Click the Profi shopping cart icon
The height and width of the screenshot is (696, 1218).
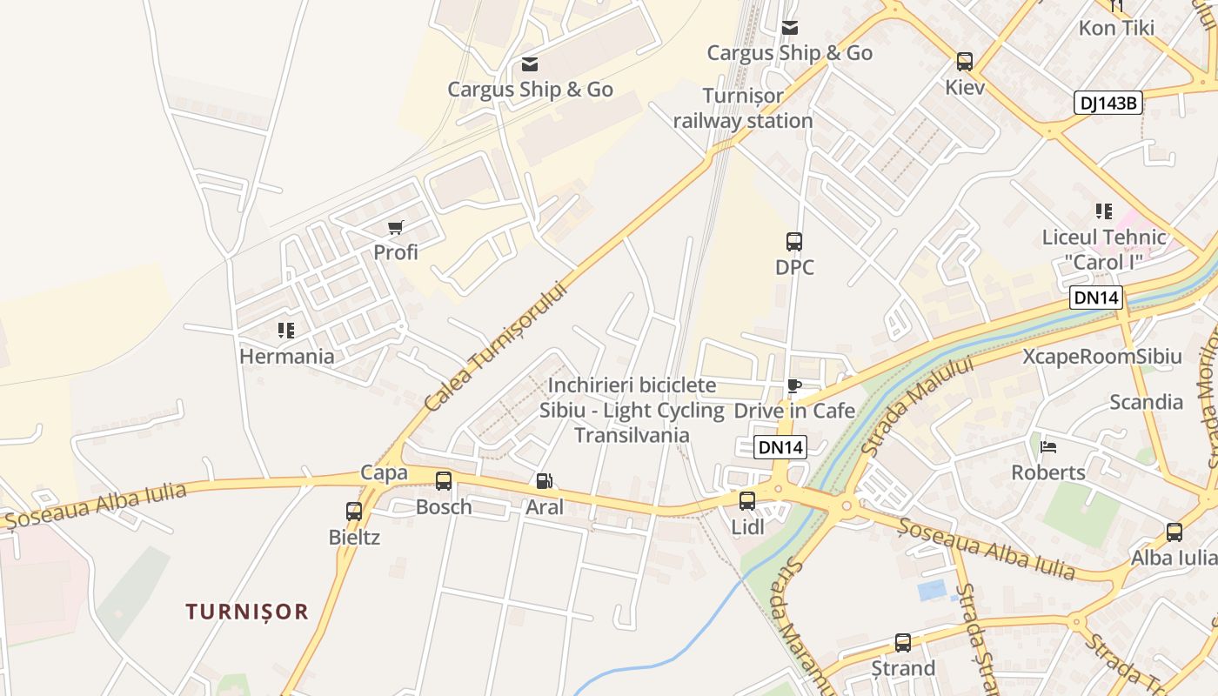tap(396, 228)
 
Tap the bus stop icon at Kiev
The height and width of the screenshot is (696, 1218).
tap(964, 62)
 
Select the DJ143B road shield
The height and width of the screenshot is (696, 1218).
tap(1108, 103)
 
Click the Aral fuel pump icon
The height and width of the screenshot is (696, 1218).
tap(544, 481)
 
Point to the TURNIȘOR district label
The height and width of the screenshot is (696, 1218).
tap(247, 612)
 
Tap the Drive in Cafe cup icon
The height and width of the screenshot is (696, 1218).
tap(793, 385)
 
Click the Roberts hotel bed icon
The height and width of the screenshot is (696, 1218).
tap(1048, 447)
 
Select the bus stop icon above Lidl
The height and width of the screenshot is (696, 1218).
tap(747, 501)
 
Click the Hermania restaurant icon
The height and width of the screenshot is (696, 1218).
tap(286, 331)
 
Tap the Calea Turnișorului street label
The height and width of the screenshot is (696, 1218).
tap(496, 345)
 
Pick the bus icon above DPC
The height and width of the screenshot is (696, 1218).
tap(793, 242)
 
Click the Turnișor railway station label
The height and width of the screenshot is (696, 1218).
tap(743, 108)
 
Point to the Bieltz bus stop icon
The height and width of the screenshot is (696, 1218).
tap(354, 512)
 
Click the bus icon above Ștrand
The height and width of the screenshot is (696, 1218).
tap(903, 643)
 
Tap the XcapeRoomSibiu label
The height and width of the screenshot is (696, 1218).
tap(1101, 357)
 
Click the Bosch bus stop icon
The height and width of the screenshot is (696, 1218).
tap(444, 481)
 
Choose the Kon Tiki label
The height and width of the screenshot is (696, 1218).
tap(1116, 28)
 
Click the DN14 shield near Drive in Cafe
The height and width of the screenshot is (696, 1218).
tap(780, 447)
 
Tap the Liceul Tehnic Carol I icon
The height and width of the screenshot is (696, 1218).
tap(1104, 211)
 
